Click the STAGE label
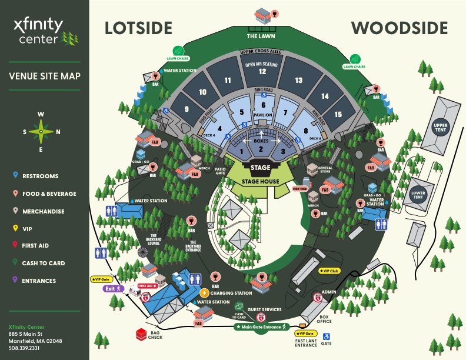(x=260, y=168)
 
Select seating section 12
(x=262, y=72)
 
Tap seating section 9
(x=187, y=109)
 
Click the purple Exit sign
(x=111, y=289)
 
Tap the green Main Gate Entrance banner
(x=260, y=326)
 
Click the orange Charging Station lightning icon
(x=204, y=293)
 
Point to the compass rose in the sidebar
(x=41, y=131)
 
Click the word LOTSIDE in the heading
(x=138, y=28)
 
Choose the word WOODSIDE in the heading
(x=400, y=28)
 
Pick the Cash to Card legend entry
(x=44, y=263)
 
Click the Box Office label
(x=324, y=319)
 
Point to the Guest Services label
(x=264, y=309)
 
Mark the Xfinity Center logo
(x=45, y=31)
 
